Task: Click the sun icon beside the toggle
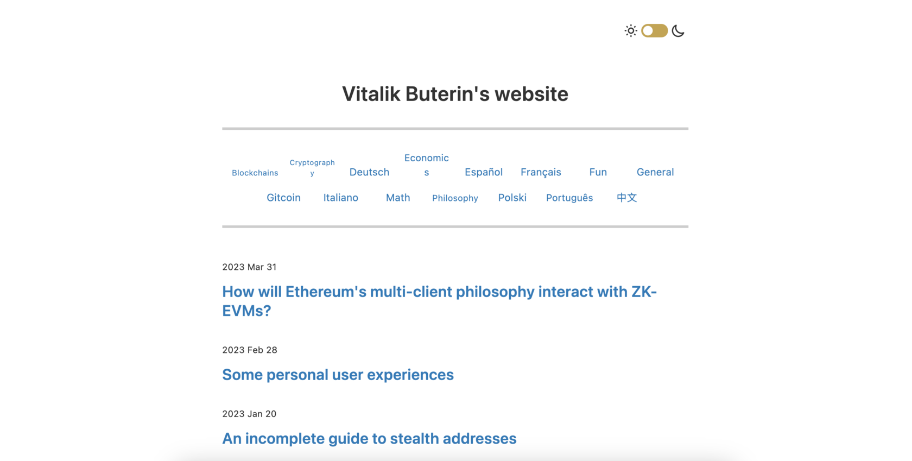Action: point(631,31)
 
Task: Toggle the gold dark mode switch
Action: point(654,31)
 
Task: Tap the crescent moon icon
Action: point(678,31)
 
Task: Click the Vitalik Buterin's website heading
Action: point(455,94)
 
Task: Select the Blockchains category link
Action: point(255,173)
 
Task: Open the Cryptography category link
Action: point(312,167)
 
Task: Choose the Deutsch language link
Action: point(369,172)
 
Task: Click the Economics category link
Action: point(426,165)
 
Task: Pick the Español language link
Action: point(484,172)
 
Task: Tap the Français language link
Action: point(541,172)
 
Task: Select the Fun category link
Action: point(598,172)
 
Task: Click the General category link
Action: point(655,172)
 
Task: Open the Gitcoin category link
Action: point(283,198)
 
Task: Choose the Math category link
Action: point(398,198)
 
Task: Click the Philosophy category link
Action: point(455,198)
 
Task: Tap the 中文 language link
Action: point(626,198)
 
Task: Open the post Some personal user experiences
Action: point(338,375)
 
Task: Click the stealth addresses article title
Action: point(369,439)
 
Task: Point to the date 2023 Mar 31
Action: point(249,267)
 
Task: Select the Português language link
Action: point(569,198)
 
